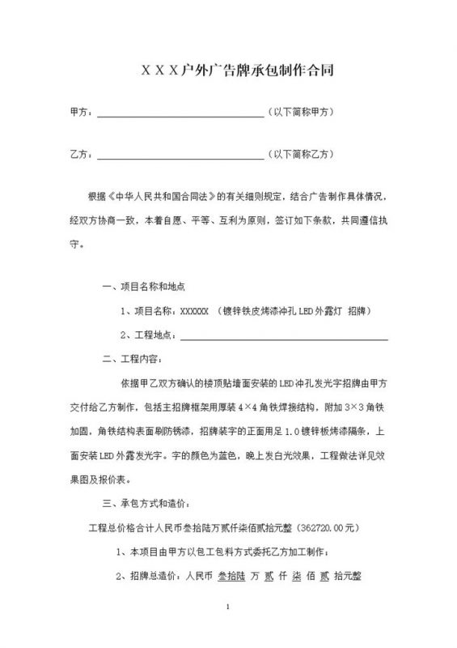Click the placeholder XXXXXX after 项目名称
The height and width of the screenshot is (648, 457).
(194, 311)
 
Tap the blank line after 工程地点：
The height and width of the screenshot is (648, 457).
(283, 336)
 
